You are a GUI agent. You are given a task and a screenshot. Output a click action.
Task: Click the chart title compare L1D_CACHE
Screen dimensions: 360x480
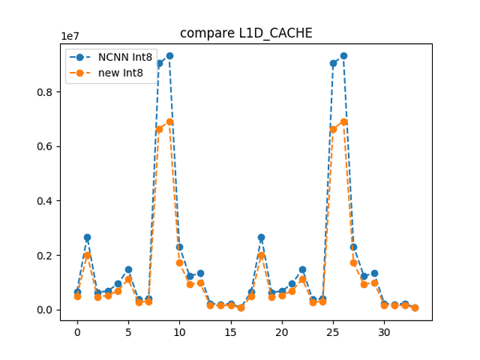tap(246, 33)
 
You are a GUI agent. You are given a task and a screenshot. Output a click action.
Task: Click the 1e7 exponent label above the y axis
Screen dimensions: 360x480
tap(70, 36)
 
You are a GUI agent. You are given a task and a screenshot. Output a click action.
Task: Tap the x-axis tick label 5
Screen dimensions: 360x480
tap(128, 333)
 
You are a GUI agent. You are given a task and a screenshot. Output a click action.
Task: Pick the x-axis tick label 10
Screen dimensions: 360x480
tap(179, 333)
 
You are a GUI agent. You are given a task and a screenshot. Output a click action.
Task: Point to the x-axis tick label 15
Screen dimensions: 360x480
tap(230, 333)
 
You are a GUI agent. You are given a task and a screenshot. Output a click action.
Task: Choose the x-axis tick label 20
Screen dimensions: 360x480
tap(282, 333)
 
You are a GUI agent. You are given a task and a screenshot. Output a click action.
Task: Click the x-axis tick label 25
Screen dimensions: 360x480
tap(333, 333)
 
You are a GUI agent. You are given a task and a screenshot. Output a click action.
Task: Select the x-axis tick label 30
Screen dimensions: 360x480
tap(384, 333)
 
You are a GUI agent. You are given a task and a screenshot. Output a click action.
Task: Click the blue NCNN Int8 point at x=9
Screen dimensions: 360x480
tap(170, 56)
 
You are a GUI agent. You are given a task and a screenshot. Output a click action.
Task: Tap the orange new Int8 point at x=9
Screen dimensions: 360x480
tap(170, 122)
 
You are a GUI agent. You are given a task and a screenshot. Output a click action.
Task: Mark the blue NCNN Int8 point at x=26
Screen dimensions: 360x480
tap(343, 56)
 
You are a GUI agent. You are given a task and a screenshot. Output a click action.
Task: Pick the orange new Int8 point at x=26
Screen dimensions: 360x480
tap(343, 122)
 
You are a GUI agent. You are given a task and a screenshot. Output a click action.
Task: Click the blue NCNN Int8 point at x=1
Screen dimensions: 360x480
tap(87, 238)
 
